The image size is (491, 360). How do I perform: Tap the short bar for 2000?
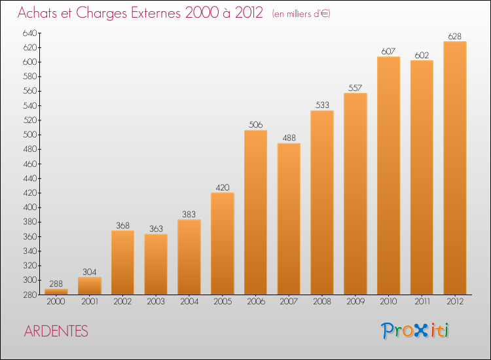tap(56, 292)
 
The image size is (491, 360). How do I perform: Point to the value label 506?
tap(255, 124)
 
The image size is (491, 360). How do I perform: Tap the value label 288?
tap(56, 284)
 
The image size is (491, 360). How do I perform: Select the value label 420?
tap(222, 187)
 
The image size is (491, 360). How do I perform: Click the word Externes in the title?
tap(148, 13)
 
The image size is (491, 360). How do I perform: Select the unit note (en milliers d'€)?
tap(300, 14)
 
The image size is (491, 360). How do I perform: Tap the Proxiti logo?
tap(415, 331)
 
